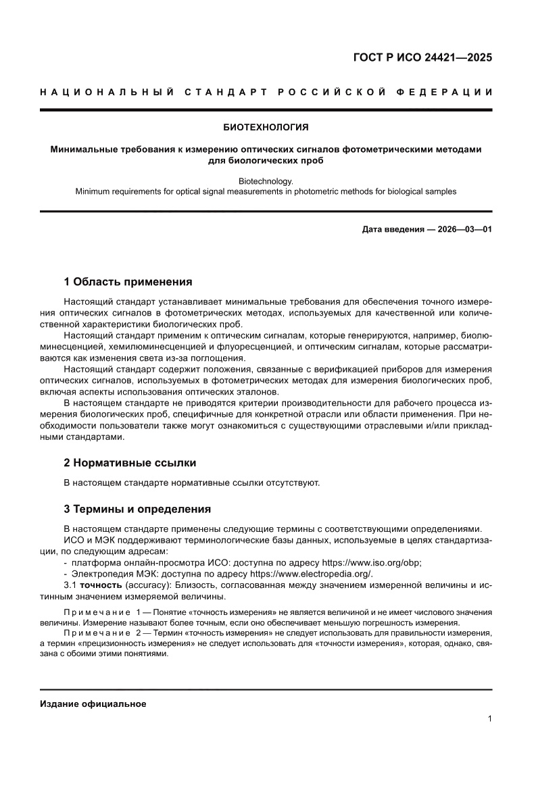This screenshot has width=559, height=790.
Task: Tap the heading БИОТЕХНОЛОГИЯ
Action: pos(266,126)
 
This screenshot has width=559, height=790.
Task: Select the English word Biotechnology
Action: pos(266,181)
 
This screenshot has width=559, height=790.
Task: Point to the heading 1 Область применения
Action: pos(128,282)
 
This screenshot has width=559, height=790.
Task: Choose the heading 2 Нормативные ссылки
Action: pos(130,463)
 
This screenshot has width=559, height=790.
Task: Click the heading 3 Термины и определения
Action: pos(137,509)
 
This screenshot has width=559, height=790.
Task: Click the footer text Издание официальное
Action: pos(93,703)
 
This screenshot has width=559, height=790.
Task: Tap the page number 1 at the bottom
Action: pos(489,719)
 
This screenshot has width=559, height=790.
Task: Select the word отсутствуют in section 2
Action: pos(295,483)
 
